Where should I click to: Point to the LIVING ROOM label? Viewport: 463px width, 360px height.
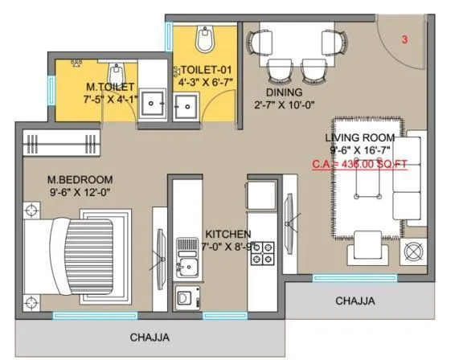click(x=360, y=137)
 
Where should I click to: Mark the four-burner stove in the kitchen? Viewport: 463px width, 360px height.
click(x=264, y=251)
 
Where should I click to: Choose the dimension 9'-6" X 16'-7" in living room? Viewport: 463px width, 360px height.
click(x=360, y=150)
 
